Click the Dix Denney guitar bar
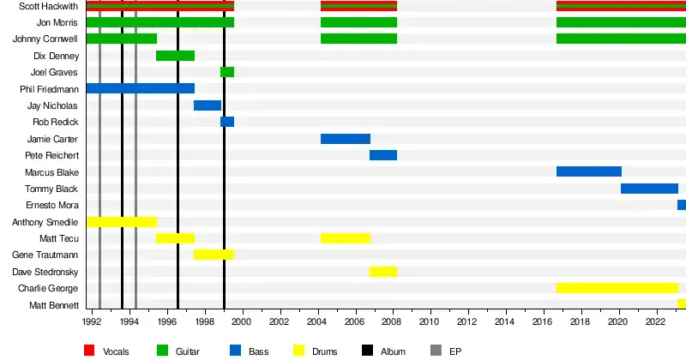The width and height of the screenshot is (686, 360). [175, 56]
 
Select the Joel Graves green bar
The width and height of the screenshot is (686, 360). [227, 72]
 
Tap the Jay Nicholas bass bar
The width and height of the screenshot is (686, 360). [208, 105]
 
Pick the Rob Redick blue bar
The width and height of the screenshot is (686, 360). [227, 122]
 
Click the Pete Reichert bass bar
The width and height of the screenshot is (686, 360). [383, 155]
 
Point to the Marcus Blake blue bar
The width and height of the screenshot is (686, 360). [588, 171]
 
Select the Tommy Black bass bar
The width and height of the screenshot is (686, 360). [649, 189]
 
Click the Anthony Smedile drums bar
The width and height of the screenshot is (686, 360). [122, 222]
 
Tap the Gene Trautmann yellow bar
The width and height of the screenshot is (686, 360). [214, 255]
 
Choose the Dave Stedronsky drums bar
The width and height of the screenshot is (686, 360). [383, 272]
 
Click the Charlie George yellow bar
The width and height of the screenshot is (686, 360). [617, 288]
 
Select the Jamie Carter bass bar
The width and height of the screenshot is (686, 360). [346, 139]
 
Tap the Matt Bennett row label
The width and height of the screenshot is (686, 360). [54, 305]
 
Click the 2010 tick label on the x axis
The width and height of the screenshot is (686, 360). [429, 322]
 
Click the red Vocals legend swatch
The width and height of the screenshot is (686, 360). [89, 351]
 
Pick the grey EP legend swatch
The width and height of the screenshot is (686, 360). [435, 351]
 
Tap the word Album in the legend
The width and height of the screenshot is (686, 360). [394, 351]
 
